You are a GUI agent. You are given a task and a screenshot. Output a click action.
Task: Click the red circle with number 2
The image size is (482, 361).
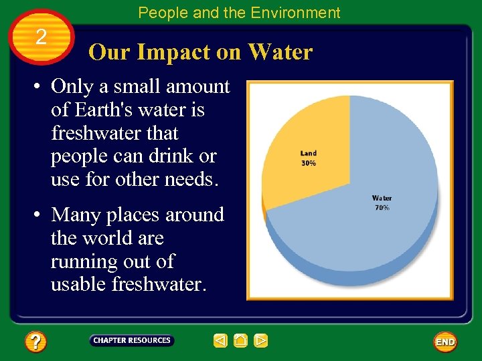pyautogui.click(x=42, y=37)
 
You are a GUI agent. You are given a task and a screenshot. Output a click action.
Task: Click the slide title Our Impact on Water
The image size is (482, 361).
pyautogui.click(x=200, y=52)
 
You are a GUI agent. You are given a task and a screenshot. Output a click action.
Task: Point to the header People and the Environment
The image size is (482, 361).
pyautogui.click(x=239, y=13)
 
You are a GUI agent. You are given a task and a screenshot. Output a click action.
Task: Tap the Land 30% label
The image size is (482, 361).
pyautogui.click(x=309, y=158)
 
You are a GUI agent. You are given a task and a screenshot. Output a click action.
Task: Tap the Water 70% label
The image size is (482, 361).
pyautogui.click(x=382, y=203)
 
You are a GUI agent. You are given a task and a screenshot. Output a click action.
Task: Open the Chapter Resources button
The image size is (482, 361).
pyautogui.click(x=132, y=340)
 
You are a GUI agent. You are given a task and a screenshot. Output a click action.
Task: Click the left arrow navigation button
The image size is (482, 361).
pyautogui.click(x=220, y=341)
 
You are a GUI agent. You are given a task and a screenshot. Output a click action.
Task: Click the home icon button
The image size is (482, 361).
pyautogui.click(x=240, y=341)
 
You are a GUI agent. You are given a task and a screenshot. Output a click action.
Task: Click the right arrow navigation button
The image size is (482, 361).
pyautogui.click(x=261, y=341)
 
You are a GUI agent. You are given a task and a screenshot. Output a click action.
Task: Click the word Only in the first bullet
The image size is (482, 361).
pyautogui.click(x=72, y=87)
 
